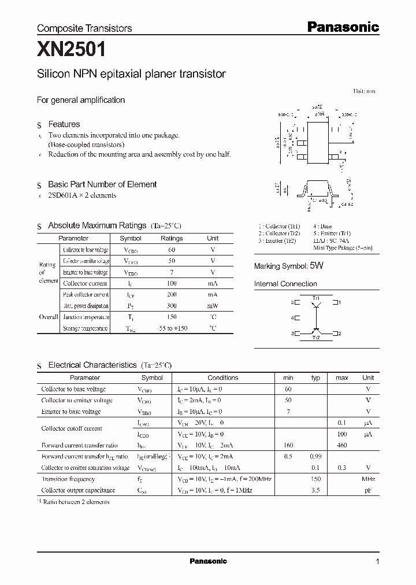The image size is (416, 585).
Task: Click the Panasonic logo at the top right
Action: pos(342,27)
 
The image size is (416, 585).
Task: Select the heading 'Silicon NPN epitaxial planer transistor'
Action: pos(131,74)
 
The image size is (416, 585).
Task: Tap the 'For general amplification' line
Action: pos(81,100)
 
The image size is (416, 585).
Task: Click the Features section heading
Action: pos(64,124)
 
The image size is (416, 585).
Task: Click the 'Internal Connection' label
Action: pos(285,284)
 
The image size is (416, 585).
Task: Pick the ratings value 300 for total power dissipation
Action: pos(172,306)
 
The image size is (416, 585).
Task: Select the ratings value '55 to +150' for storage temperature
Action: pos(172,328)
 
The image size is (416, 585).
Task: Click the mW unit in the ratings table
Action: pos(213,306)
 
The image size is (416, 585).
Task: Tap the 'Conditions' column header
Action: pos(222,377)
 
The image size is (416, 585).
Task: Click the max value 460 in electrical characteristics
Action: pos(341,445)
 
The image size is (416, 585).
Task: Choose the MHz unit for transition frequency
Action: pos(368,479)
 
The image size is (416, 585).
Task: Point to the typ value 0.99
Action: pos(315,457)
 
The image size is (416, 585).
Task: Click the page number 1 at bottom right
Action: pos(377,562)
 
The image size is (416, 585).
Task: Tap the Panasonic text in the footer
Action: pos(208,561)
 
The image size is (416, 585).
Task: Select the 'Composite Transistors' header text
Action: pos(84,28)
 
